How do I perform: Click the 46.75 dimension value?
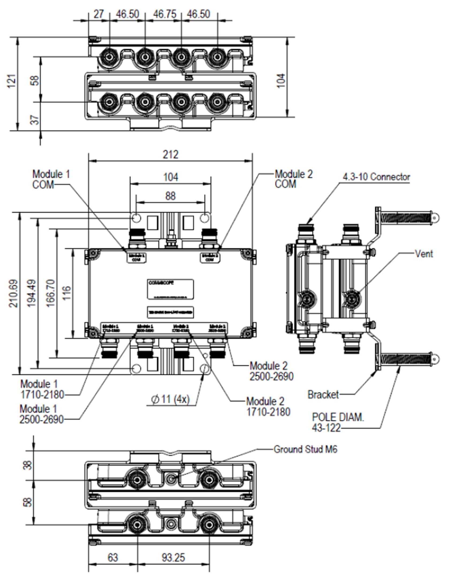point(165,14)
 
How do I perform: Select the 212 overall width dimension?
point(170,154)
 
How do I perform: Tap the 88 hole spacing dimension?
point(170,196)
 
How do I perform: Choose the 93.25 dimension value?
point(173,558)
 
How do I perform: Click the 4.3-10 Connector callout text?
point(376,177)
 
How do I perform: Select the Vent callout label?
point(424,254)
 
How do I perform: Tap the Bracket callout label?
point(323,394)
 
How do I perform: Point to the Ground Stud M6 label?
point(305,449)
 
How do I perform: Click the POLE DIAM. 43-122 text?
point(338,422)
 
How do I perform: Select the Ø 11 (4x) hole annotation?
point(170,399)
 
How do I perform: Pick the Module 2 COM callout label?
point(293,179)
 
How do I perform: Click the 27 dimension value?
point(98,14)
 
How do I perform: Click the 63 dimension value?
point(113,558)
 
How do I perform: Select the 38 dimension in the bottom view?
point(28,465)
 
